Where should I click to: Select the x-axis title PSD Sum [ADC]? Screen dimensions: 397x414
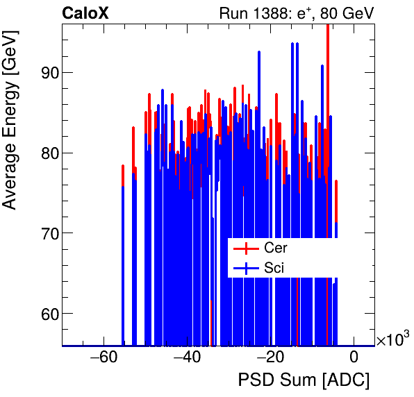(x=304, y=380)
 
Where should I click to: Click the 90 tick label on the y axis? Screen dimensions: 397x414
(x=47, y=73)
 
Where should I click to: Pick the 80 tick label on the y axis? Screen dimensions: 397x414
(x=47, y=153)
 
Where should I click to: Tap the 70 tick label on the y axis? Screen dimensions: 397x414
(x=47, y=233)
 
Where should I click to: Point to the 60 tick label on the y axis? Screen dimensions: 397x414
(x=47, y=314)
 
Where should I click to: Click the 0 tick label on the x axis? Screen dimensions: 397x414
(x=354, y=358)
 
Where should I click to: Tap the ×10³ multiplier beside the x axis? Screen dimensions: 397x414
(x=392, y=339)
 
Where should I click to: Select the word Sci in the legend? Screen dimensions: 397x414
(x=274, y=268)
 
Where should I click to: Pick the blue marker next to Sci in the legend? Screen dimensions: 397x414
(x=247, y=268)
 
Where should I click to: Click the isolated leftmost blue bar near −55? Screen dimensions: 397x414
(x=123, y=264)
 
